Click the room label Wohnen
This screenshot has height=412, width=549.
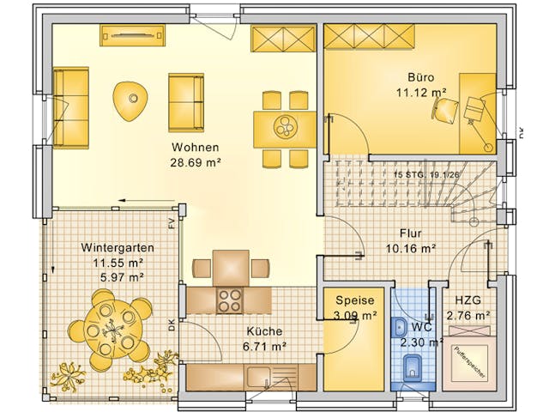click(195, 147)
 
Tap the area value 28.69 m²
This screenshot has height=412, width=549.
click(195, 161)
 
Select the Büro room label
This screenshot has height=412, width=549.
click(420, 75)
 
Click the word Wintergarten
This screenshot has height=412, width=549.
click(112, 247)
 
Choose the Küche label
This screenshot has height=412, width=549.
click(262, 330)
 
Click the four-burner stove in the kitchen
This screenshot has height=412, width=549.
click(230, 300)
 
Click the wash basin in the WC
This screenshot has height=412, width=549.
click(401, 328)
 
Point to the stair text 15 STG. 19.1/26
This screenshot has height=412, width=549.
click(425, 174)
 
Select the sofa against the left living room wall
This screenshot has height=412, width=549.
click(71, 106)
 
